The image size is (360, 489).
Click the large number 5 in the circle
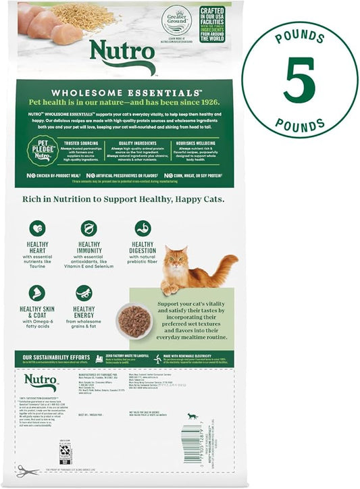[299, 80]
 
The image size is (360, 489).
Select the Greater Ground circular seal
[175, 20]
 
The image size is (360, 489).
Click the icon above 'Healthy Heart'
[37, 228]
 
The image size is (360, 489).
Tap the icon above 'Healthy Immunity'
[88, 228]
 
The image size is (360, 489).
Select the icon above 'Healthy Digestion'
[143, 228]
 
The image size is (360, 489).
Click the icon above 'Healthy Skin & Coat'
[37, 292]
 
